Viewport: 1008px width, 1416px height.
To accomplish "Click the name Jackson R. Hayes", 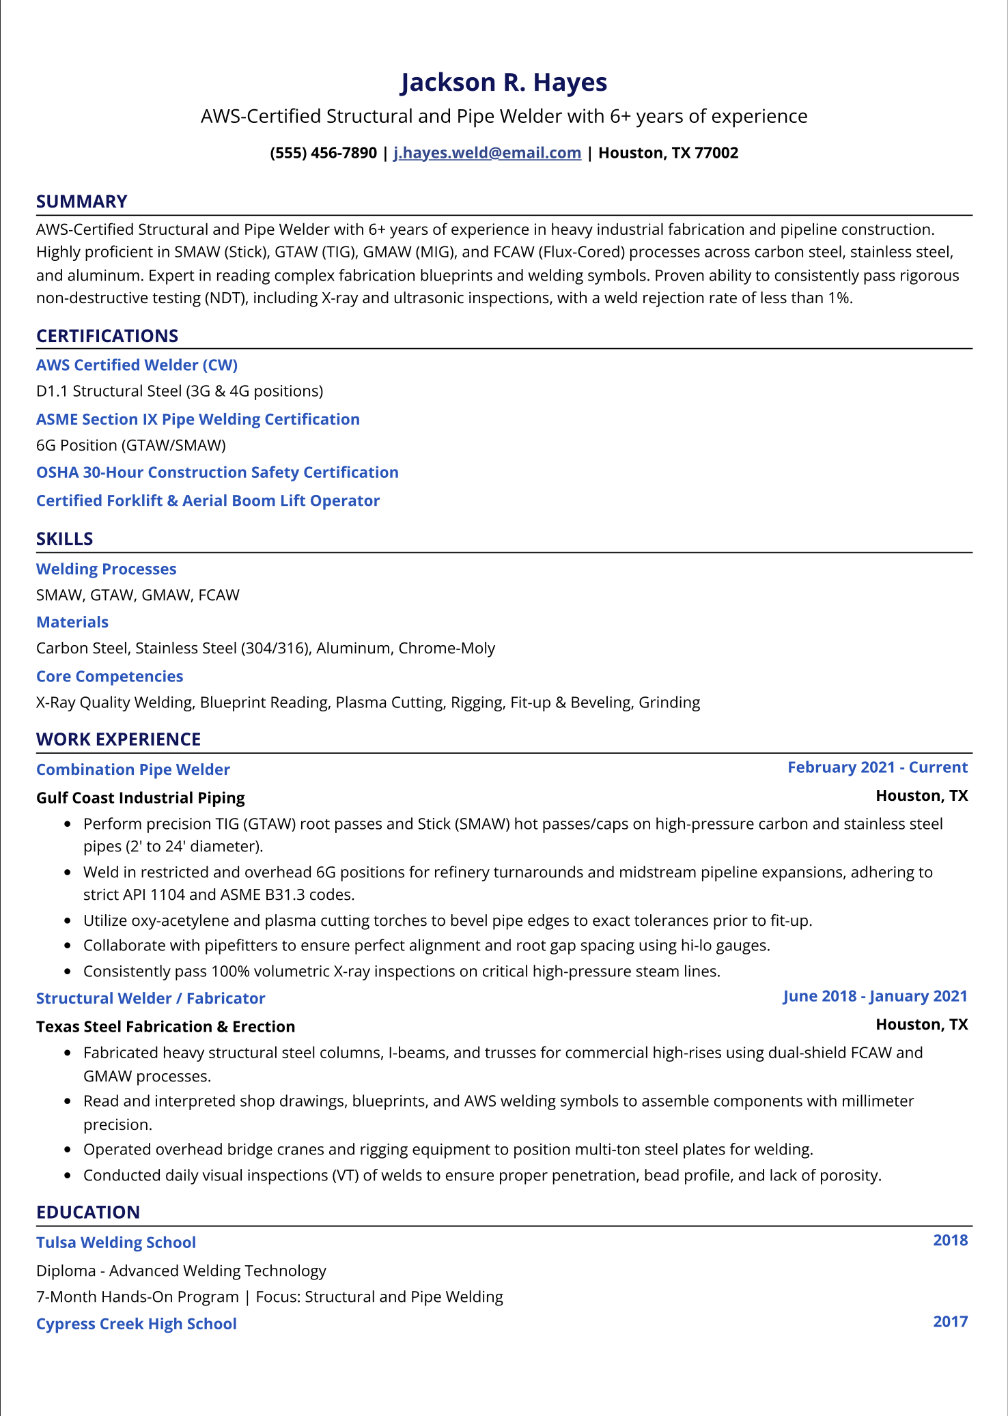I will click(503, 83).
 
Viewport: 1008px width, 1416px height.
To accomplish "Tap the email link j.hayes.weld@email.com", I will click(487, 153).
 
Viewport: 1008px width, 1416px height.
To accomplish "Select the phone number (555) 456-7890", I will click(323, 153).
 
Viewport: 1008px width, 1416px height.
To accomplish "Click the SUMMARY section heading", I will click(82, 201).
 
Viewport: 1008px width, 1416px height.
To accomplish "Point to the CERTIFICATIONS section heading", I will click(107, 336).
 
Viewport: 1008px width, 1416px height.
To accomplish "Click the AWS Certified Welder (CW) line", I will click(137, 365).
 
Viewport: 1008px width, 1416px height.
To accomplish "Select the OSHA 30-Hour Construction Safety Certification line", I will click(217, 472).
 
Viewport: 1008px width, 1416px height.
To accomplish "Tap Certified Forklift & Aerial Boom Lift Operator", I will click(208, 500).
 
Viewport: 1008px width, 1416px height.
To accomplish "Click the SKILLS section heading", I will click(64, 539).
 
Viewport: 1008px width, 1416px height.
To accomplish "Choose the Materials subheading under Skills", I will click(72, 622).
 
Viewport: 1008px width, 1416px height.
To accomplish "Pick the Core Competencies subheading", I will click(109, 677).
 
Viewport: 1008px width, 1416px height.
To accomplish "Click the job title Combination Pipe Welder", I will click(132, 769).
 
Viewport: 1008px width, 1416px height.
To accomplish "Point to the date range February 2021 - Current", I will click(877, 767).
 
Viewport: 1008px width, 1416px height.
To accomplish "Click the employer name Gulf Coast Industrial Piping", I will click(140, 797).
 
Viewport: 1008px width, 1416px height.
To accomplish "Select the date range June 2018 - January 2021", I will click(875, 996).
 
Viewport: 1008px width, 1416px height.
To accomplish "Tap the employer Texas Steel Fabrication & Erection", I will click(165, 1027).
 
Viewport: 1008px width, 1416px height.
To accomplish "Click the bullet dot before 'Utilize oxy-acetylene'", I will click(68, 921).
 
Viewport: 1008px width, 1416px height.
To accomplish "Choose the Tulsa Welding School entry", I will click(116, 1243).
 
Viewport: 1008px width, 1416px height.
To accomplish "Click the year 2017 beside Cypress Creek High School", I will click(950, 1322).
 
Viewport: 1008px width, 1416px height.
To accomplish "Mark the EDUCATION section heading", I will click(88, 1213).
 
